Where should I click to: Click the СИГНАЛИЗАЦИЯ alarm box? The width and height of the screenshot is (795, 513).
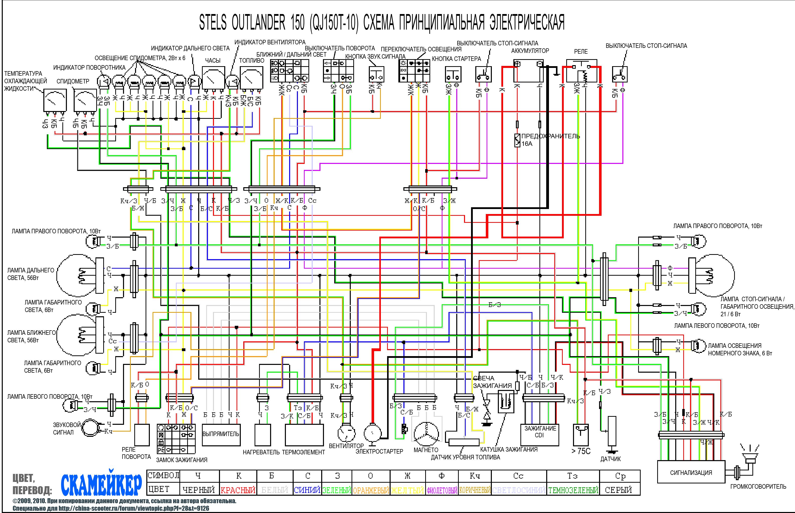[x=691, y=472]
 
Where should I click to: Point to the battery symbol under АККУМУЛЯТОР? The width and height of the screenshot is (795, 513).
[x=528, y=71]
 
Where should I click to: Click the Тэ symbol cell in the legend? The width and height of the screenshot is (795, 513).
[x=572, y=476]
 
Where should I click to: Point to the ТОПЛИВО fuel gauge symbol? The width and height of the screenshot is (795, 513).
[x=251, y=78]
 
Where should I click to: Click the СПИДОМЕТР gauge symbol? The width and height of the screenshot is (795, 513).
[x=85, y=100]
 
